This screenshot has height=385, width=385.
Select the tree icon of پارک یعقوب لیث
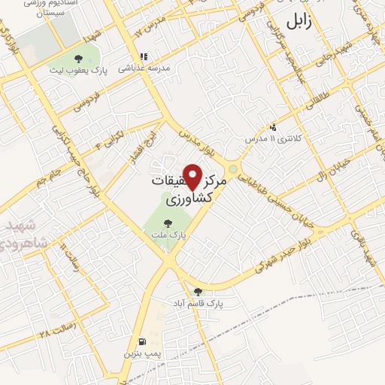(78, 59)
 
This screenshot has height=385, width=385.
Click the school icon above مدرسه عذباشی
(143, 56)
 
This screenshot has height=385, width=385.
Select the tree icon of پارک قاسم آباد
(199, 292)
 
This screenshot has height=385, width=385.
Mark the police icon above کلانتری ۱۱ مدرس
(272, 127)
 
